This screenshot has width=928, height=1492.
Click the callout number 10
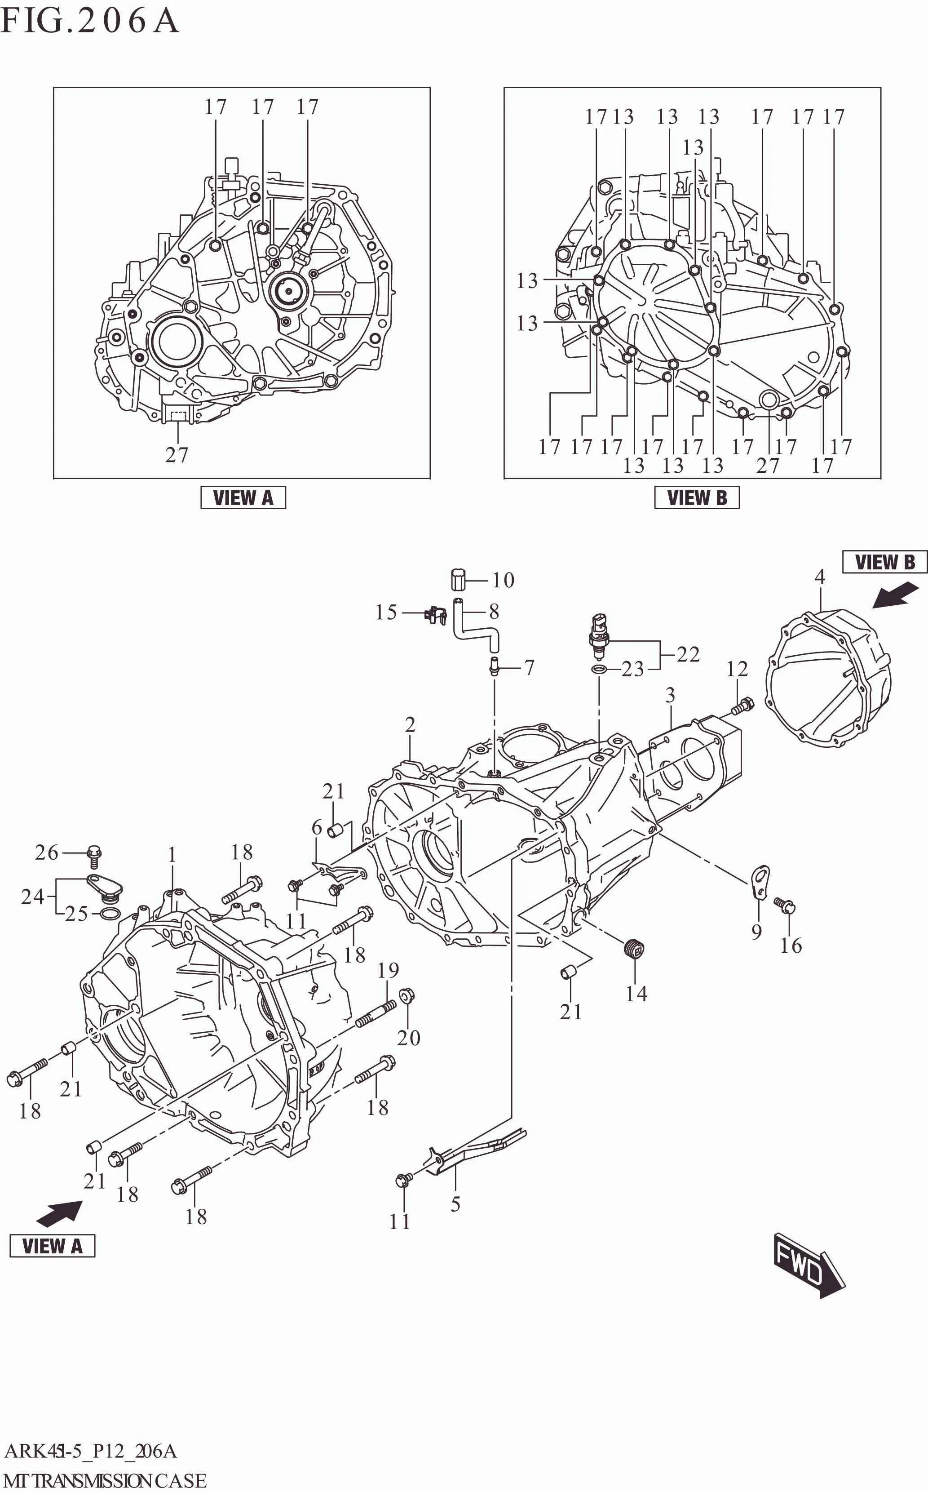coord(503,580)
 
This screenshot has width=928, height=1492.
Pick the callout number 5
coord(455,1204)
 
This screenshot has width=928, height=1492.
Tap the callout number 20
coord(409,1038)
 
